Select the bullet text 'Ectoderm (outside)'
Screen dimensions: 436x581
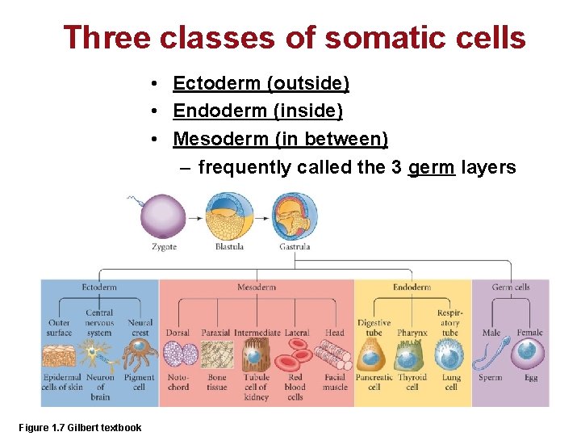pos(261,83)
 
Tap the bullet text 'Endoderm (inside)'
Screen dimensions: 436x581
pos(257,111)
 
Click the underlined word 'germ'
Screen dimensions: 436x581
pos(432,167)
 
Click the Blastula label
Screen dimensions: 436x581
pos(229,247)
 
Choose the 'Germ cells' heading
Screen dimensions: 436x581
pos(510,287)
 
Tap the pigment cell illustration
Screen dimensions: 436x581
pos(139,354)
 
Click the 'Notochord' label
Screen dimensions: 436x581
pos(178,382)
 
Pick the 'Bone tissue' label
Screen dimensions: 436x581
pos(216,382)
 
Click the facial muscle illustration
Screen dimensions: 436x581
pos(333,354)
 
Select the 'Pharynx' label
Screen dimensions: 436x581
pos(412,333)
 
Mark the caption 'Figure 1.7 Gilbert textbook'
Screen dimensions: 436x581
pos(80,428)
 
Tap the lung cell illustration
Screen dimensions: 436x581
pos(449,354)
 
